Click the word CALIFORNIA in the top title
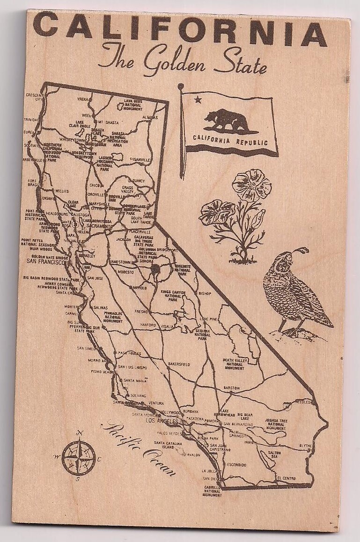[180, 28]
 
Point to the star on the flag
[197, 99]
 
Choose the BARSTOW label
[232, 388]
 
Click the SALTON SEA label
[274, 454]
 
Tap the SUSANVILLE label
[139, 160]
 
